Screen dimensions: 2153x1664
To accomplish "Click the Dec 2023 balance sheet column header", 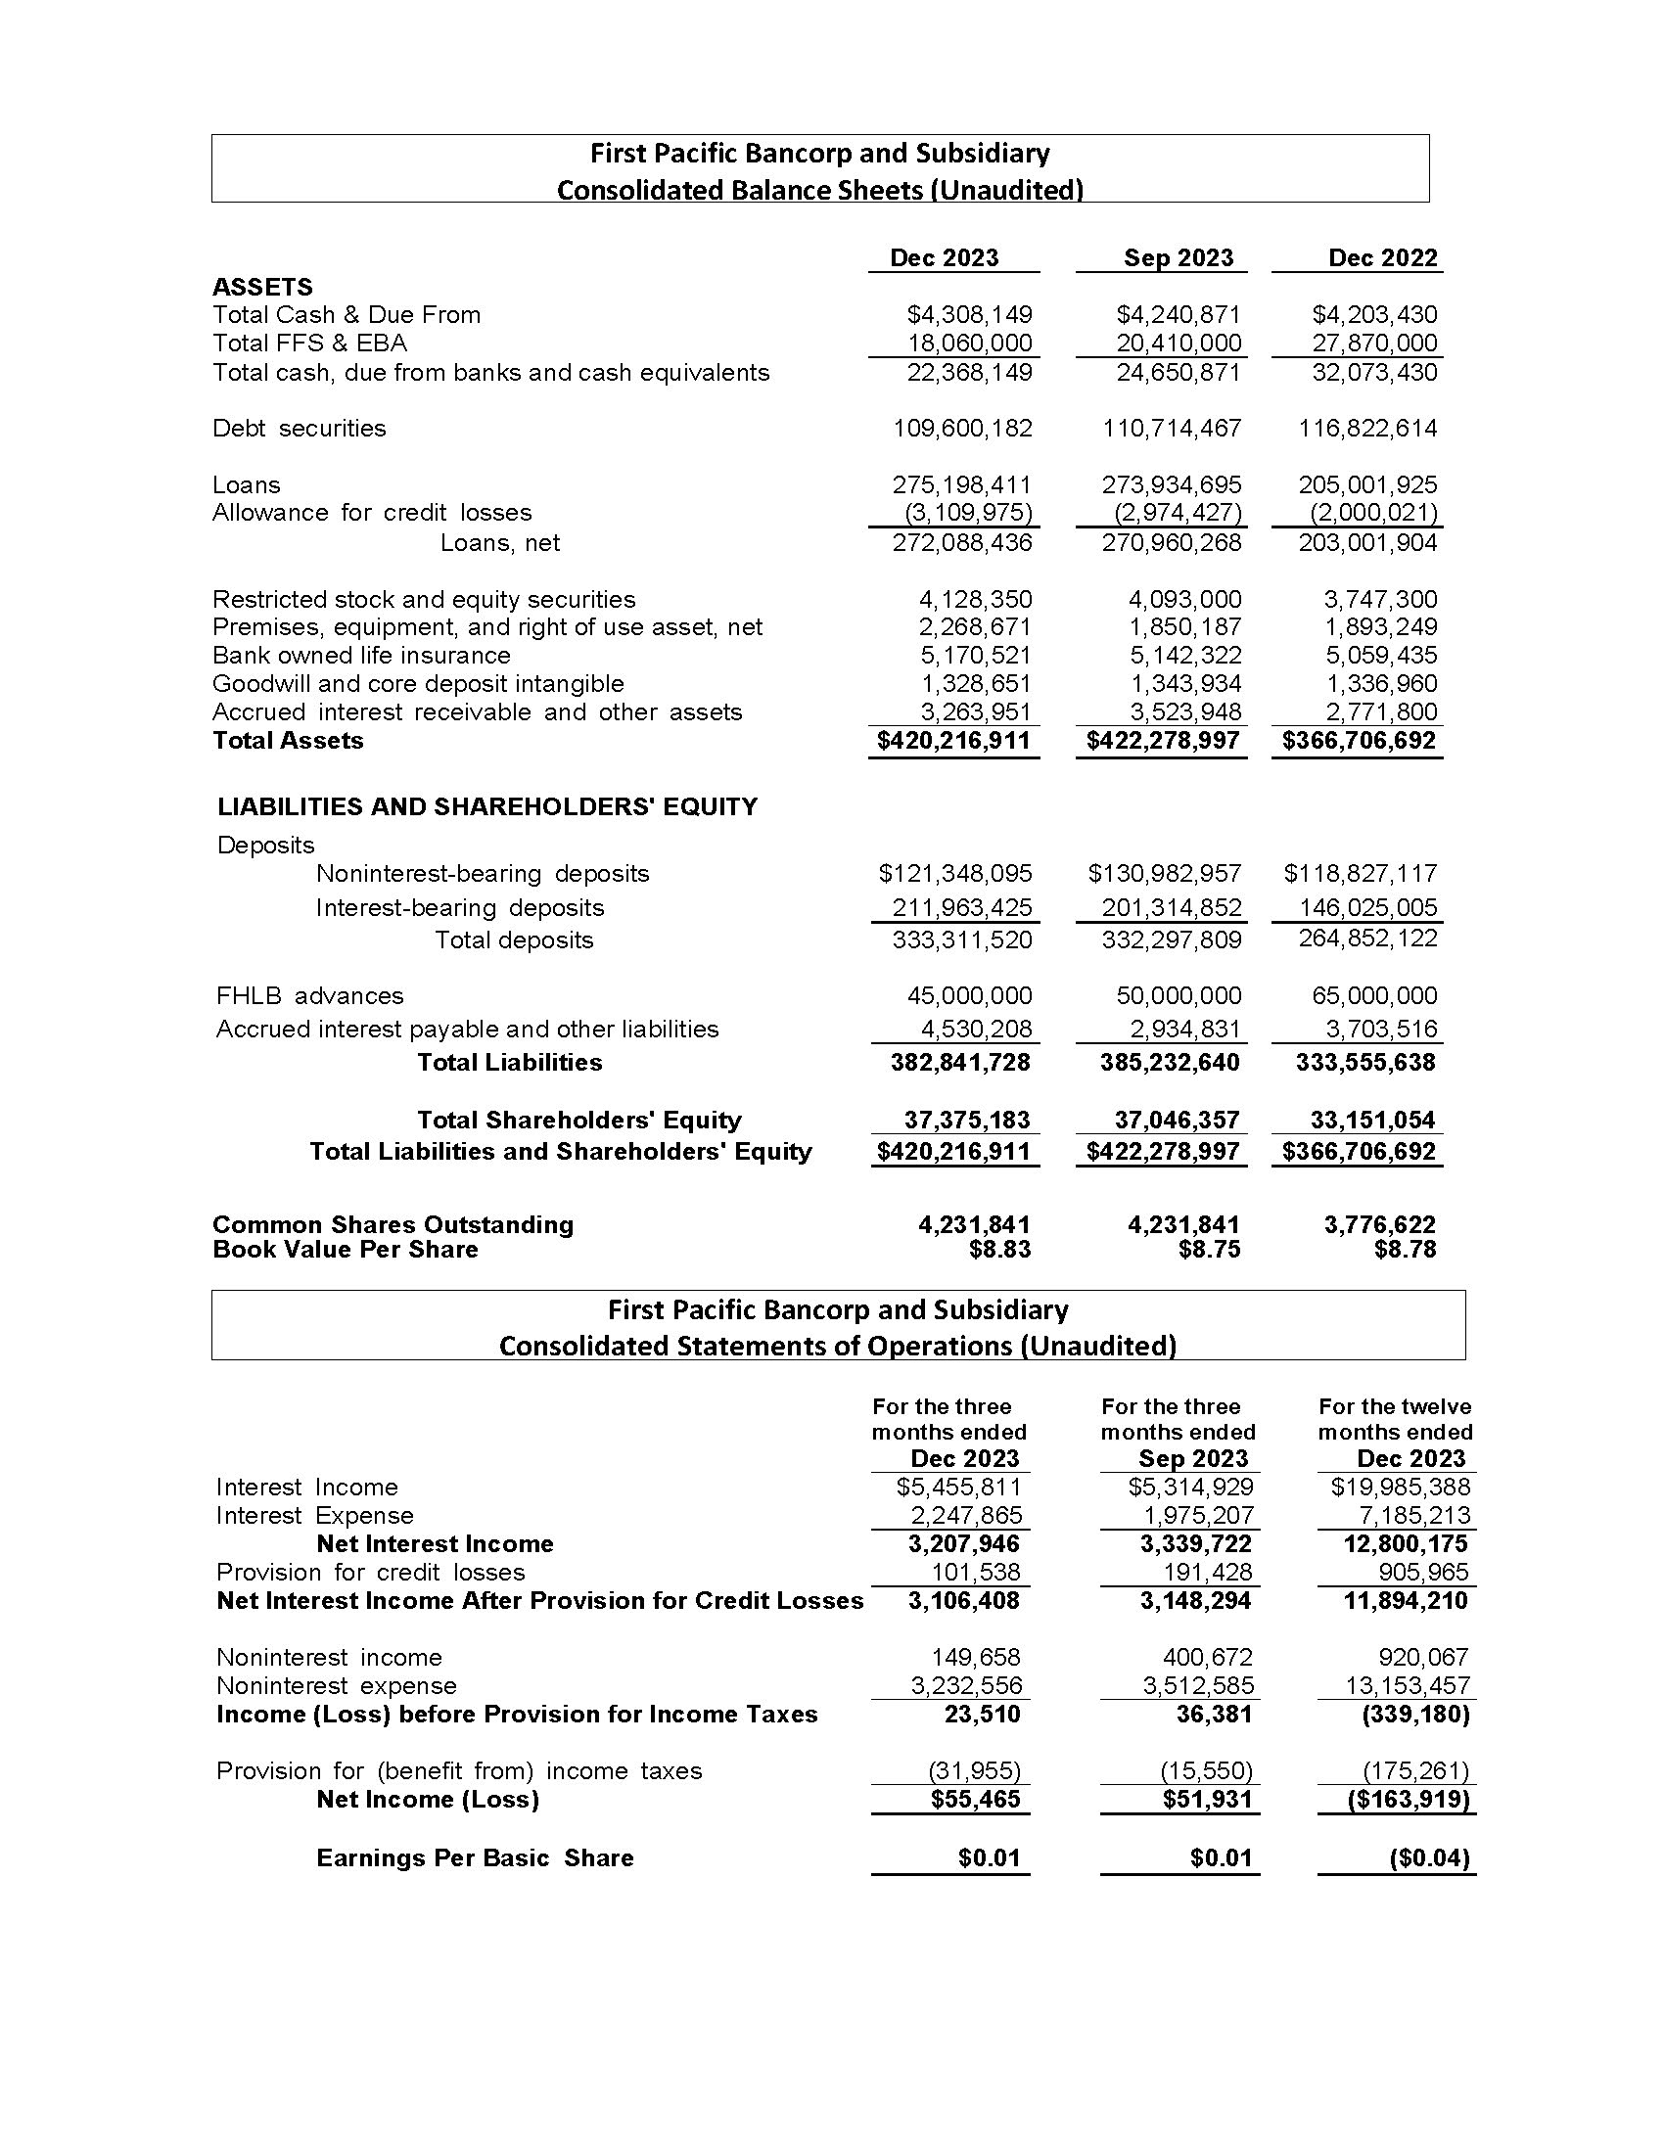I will coord(944,257).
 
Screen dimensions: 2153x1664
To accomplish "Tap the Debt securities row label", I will coord(299,428).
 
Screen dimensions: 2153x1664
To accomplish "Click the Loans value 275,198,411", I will coord(962,484).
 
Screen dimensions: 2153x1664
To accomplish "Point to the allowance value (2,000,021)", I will coord(1373,513).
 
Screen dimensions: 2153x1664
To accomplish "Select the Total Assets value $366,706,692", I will coord(1359,741).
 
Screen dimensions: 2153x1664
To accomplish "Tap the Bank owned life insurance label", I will coord(361,656).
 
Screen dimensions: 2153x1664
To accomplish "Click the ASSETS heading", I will coord(262,287).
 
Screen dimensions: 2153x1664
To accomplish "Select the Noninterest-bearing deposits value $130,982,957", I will coord(1164,873).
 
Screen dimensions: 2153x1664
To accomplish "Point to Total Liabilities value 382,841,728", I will coord(960,1063).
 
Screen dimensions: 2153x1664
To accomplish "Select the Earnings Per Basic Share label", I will coord(474,1858).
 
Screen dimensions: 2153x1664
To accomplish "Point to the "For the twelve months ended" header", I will coord(1395,1420).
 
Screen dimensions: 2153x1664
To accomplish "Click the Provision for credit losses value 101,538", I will coord(976,1572).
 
